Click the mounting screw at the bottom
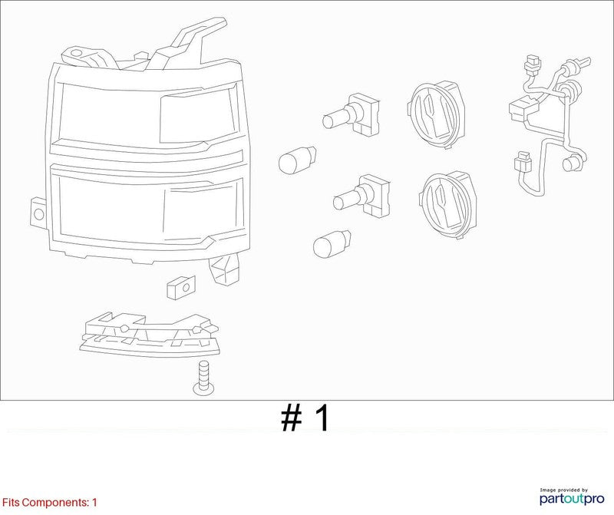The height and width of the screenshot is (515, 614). point(203,378)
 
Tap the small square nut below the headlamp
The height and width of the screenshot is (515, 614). point(180,287)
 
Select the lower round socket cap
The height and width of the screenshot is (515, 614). point(449,205)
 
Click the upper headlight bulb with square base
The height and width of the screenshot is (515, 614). point(352,114)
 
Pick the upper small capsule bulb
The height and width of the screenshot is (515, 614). point(298,160)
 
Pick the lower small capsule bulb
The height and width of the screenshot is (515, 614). point(332,243)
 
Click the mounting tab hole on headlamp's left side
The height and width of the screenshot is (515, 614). point(39,214)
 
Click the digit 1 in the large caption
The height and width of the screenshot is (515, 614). point(322,418)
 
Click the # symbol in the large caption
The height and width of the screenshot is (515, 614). point(292,418)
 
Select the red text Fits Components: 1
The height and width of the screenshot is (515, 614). point(49,503)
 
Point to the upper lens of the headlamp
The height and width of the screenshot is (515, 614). point(148,114)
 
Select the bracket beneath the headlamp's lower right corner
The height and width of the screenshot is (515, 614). point(224,269)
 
